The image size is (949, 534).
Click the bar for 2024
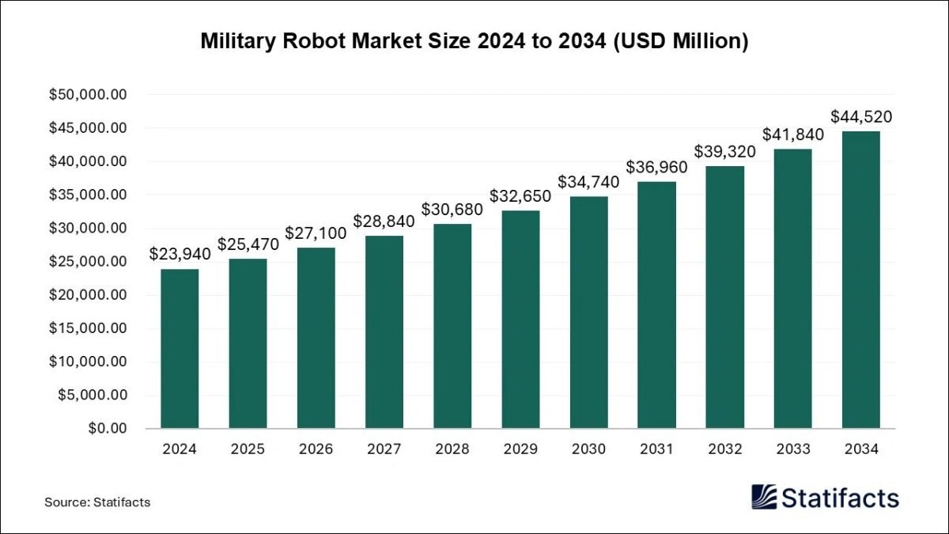(180, 348)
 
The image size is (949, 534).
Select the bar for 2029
(520, 319)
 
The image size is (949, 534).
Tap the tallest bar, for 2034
(860, 279)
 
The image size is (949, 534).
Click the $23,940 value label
(180, 254)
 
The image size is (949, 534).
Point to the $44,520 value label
(860, 116)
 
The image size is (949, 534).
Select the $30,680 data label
(452, 209)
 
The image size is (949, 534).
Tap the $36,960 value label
(656, 167)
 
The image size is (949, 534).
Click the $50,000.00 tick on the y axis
(88, 95)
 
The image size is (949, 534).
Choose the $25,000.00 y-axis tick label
(88, 262)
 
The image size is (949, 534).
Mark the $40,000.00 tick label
(88, 161)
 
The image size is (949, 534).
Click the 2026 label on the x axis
(316, 449)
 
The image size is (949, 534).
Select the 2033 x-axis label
(792, 449)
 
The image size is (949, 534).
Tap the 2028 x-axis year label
(452, 449)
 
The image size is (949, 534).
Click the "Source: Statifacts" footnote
(97, 502)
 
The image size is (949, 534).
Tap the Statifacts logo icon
(763, 497)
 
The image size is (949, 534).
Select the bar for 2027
(384, 331)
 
